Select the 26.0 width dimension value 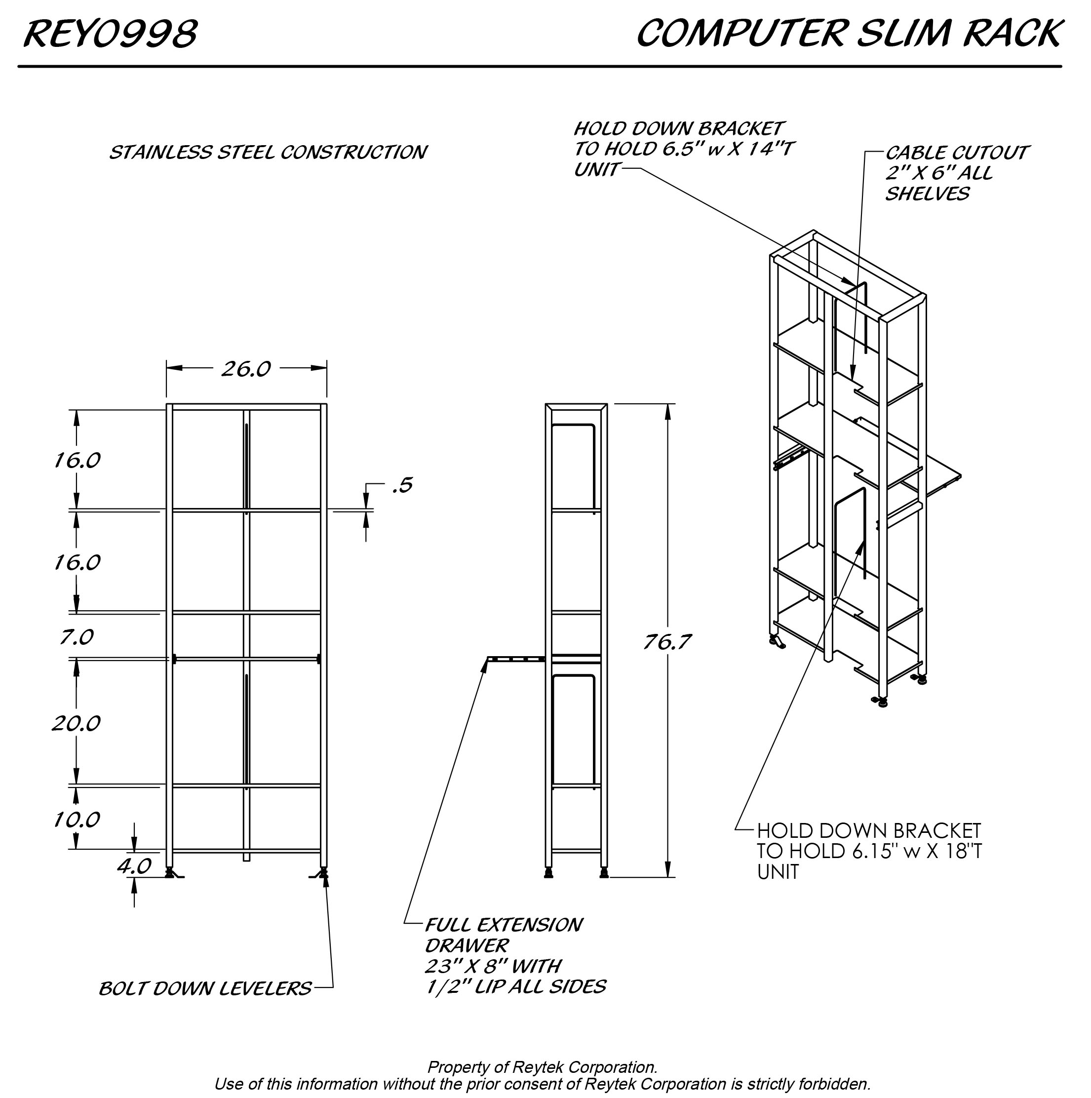point(245,369)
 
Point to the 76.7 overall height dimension point(666,642)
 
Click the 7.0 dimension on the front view point(76,637)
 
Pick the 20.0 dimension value point(76,723)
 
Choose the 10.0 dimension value point(76,820)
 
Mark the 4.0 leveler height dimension point(134,865)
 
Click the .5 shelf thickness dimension point(402,485)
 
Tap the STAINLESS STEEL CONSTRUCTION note point(268,153)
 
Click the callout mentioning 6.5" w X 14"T point(682,149)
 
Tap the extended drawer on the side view point(515,659)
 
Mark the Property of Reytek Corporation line point(542,1067)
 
